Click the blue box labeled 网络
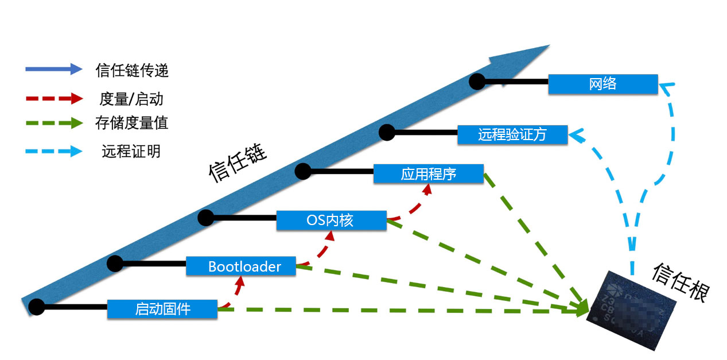(602, 84)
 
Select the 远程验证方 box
(512, 135)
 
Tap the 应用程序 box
(428, 174)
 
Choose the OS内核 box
(331, 220)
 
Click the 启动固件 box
(162, 309)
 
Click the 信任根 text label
(681, 281)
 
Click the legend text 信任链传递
(132, 71)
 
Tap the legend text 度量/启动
(131, 99)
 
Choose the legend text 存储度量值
(132, 123)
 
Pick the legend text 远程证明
(131, 152)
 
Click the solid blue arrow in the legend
(54, 69)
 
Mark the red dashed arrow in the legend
(54, 98)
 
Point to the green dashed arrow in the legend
(54, 123)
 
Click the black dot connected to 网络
(477, 82)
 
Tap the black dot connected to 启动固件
(37, 307)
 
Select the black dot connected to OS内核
(205, 218)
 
